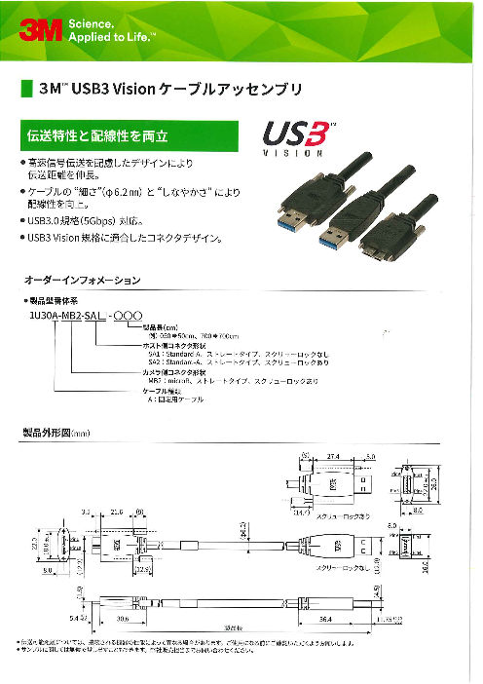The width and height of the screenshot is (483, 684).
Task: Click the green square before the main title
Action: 26,89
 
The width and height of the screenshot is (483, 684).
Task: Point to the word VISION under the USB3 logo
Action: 294,154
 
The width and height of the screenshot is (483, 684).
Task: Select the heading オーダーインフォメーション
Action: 82,281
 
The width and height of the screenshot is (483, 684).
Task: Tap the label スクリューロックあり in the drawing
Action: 343,514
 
